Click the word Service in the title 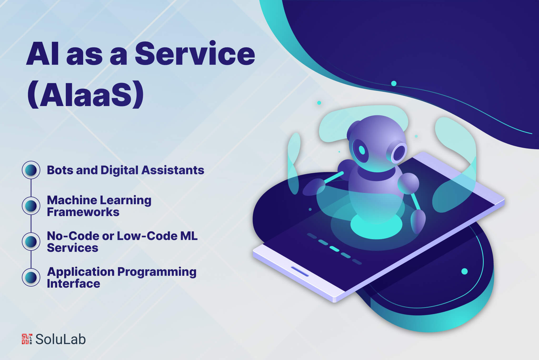195,54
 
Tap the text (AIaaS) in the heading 86,95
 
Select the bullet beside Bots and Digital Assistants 31,170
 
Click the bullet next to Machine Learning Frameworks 31,206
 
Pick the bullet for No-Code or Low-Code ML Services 31,242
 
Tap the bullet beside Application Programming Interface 31,277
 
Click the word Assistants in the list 173,170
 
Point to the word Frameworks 83,212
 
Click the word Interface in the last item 73,284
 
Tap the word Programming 157,272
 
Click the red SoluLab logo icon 27,339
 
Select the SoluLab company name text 61,339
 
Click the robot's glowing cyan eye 362,150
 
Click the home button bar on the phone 300,271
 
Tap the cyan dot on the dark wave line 394,83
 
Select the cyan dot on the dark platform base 465,271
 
